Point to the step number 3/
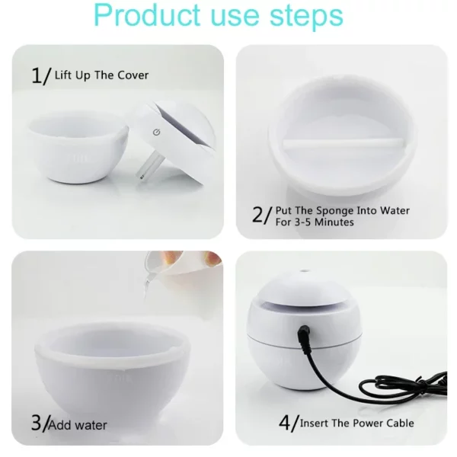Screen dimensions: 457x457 coord(40,423)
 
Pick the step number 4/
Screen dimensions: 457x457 coord(286,423)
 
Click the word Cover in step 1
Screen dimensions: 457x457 coord(133,75)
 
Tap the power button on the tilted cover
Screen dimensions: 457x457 coord(155,132)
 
